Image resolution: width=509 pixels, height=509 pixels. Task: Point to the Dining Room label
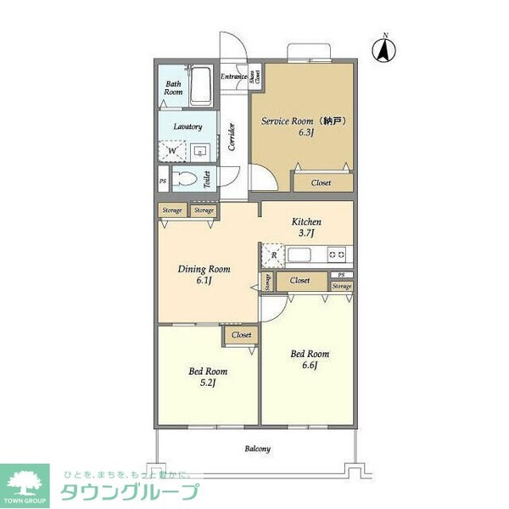[x=204, y=275]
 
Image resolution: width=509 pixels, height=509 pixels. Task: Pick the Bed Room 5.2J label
[x=207, y=377]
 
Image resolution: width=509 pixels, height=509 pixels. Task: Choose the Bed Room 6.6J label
[x=310, y=359]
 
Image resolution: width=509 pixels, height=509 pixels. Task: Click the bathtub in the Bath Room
[x=201, y=87]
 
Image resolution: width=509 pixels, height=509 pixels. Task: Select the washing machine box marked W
[x=172, y=150]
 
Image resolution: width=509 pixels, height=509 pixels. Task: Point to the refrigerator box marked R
[x=273, y=254]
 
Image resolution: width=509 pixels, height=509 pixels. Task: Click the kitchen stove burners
[x=337, y=254]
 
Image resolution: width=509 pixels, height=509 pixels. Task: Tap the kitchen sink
[x=302, y=254]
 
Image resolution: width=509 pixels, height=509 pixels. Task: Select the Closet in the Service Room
[x=321, y=182]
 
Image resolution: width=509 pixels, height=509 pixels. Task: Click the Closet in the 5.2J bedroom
[x=242, y=335]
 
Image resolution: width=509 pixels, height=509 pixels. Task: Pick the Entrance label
[x=233, y=77]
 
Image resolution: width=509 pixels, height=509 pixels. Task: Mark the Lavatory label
[x=187, y=126]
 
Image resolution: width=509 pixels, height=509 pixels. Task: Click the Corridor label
[x=232, y=137]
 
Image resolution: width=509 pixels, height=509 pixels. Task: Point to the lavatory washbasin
[x=200, y=151]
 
